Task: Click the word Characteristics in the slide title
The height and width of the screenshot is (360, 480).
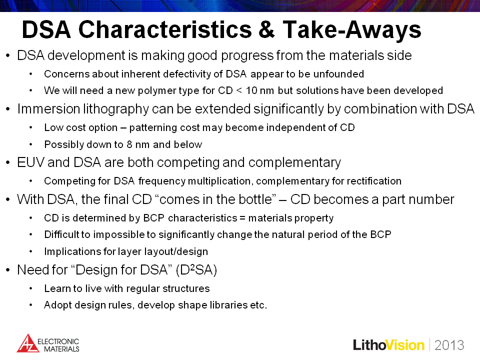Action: point(165,29)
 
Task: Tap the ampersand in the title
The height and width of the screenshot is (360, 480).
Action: point(266,29)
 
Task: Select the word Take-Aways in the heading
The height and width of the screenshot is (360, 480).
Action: point(351,30)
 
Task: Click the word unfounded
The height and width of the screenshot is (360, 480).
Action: point(338,74)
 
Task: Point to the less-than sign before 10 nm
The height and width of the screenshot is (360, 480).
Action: point(239,90)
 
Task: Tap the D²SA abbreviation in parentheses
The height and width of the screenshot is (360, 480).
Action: point(196,269)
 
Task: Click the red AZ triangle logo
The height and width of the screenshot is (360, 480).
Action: point(27,343)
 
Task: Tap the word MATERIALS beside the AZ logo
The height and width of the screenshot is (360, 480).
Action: point(62,349)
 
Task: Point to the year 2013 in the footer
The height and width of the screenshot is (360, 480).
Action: point(449,345)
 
